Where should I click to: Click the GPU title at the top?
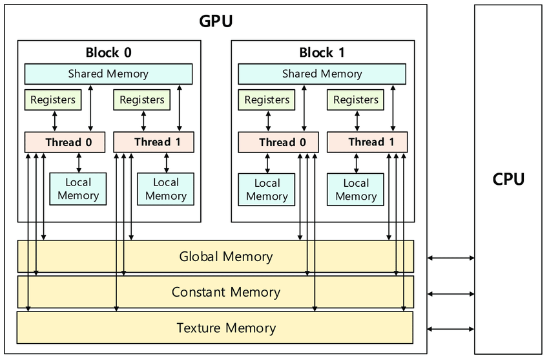tap(216, 21)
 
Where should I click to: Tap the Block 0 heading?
tap(109, 52)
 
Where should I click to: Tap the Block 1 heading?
tap(322, 52)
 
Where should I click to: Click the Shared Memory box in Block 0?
tap(109, 74)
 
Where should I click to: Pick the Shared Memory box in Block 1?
tap(322, 74)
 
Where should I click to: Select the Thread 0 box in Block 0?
tap(64, 142)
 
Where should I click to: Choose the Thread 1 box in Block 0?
tap(153, 142)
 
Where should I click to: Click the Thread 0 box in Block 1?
tap(278, 142)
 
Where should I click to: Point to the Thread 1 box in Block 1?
tap(367, 142)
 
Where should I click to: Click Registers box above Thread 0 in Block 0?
tap(53, 100)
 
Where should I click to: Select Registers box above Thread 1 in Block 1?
tap(356, 100)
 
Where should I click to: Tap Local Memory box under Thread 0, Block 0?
tap(78, 189)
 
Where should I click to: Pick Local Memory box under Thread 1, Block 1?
tap(356, 189)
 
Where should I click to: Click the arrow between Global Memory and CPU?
tap(451, 258)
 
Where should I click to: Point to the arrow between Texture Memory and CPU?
tap(451, 329)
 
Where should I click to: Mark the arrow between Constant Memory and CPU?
tap(451, 293)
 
